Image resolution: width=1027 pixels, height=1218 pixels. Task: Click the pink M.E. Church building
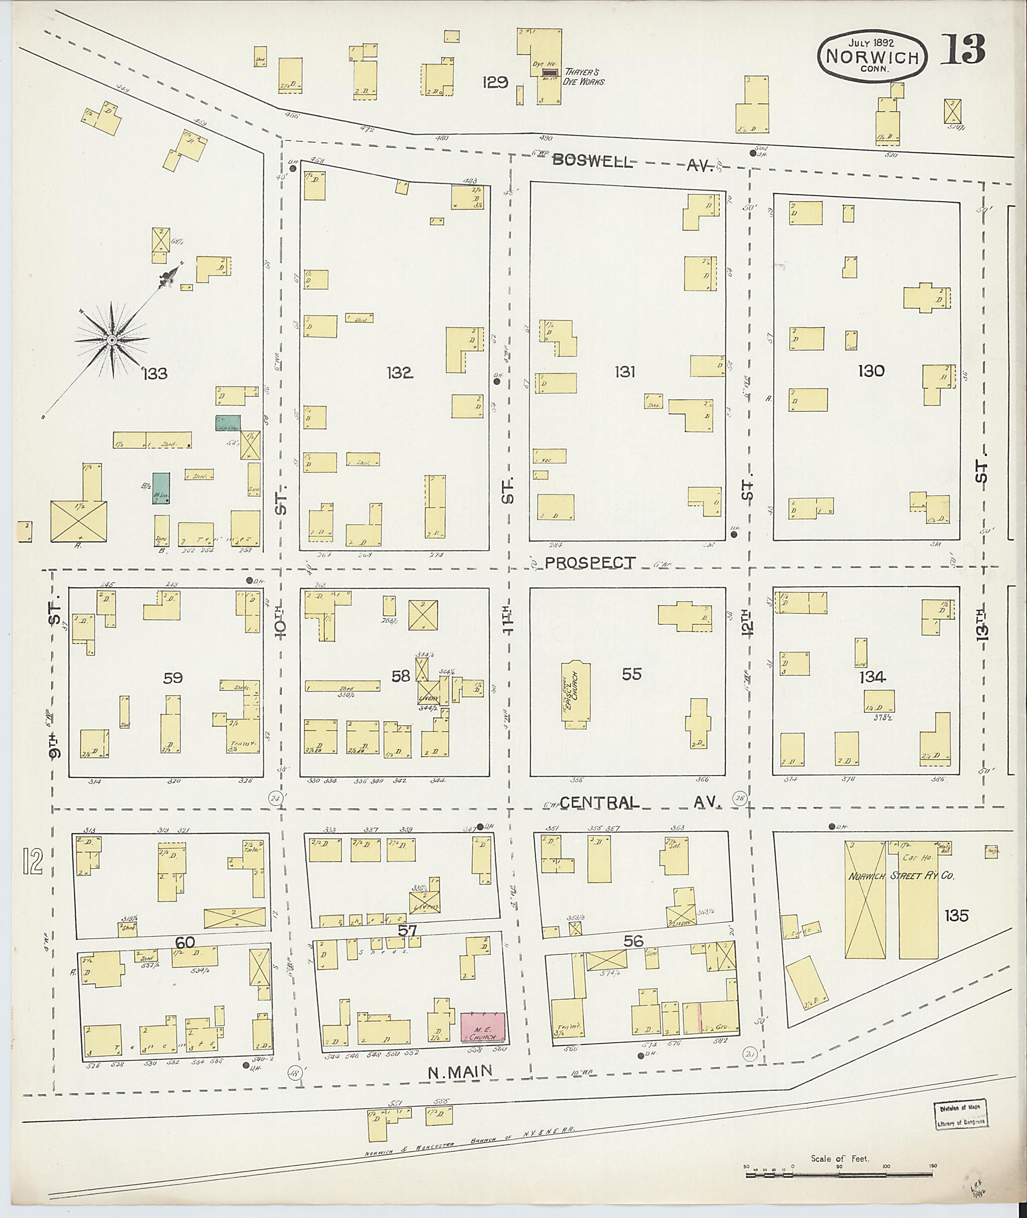(483, 1027)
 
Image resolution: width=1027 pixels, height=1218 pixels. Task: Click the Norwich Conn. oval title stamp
(872, 57)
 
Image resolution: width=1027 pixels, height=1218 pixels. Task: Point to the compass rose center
(111, 339)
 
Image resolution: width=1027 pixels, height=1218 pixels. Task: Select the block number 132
(399, 373)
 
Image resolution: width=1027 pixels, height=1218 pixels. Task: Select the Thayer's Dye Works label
(585, 77)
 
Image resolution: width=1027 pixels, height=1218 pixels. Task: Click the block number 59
(173, 678)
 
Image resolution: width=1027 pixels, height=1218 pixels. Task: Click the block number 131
(624, 372)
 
